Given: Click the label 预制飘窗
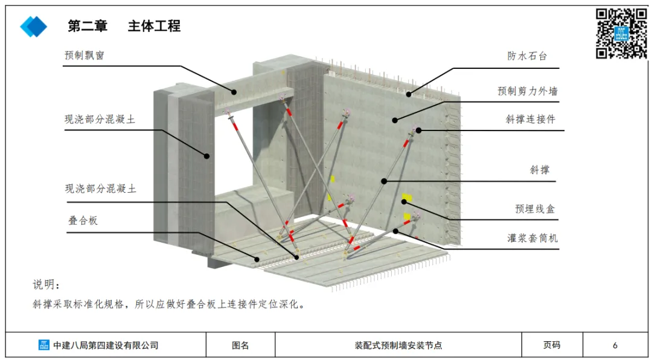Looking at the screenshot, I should (x=85, y=55).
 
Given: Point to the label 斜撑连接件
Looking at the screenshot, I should (x=530, y=119).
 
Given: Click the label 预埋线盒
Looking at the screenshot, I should (x=535, y=209).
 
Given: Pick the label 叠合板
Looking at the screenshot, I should (x=83, y=220).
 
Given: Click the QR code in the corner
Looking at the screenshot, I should (x=621, y=33).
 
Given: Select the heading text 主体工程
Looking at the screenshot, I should (x=154, y=27).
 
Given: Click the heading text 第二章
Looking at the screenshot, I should (x=88, y=27).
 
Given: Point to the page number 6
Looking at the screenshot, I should (x=615, y=346).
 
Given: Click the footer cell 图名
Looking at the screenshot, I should (x=240, y=346).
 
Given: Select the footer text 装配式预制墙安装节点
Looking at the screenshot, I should (x=398, y=346).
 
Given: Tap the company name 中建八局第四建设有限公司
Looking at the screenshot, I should (x=106, y=346).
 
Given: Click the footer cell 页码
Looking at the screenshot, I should (x=552, y=346).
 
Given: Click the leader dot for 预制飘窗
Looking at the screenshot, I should (x=234, y=91).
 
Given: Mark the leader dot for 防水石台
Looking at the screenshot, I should (x=409, y=94).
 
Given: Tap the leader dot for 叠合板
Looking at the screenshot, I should (x=257, y=260).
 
